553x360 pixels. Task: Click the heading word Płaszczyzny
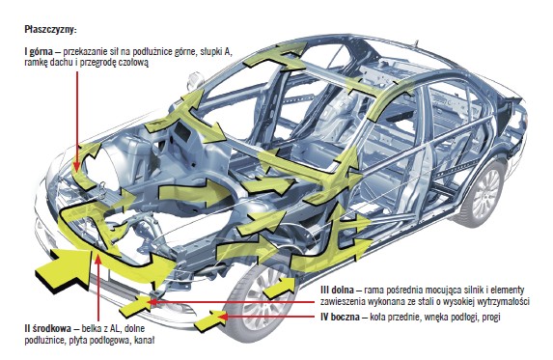tap(50, 30)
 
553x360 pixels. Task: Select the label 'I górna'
tap(39, 52)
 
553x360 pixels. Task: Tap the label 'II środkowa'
tap(48, 328)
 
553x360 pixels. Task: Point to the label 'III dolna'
tap(337, 291)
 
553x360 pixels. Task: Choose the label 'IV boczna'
tap(340, 317)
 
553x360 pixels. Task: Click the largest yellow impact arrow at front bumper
tap(66, 268)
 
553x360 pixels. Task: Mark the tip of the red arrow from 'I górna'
tap(76, 171)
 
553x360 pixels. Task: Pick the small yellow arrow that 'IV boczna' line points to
tap(210, 320)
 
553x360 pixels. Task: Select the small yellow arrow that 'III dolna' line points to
tap(136, 306)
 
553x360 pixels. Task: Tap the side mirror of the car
tap(194, 82)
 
